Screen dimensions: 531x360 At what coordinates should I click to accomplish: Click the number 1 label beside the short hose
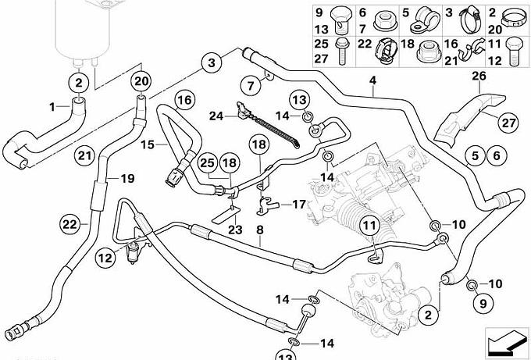[x=52, y=107]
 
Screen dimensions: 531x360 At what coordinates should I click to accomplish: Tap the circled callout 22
[x=70, y=224]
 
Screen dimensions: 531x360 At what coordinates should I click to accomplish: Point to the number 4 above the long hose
[x=372, y=81]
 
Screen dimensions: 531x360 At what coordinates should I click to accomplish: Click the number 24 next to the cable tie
[x=216, y=116]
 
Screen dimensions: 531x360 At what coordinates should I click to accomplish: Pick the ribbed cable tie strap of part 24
[x=271, y=127]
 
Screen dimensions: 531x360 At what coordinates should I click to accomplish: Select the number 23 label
[x=235, y=230]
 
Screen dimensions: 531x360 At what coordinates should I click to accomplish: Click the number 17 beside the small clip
[x=298, y=205]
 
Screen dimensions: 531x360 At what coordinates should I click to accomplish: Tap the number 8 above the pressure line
[x=259, y=230]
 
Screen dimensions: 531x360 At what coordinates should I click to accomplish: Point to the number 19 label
[x=127, y=179]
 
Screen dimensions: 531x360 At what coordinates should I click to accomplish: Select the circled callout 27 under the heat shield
[x=508, y=123]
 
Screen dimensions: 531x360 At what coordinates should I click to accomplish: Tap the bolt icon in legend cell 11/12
[x=513, y=52]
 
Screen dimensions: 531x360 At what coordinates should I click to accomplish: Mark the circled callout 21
[x=84, y=155]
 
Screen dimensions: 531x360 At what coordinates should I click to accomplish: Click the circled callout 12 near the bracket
[x=105, y=258]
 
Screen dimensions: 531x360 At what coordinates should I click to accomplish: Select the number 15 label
[x=148, y=145]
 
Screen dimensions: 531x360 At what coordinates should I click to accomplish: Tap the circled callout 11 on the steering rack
[x=370, y=225]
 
